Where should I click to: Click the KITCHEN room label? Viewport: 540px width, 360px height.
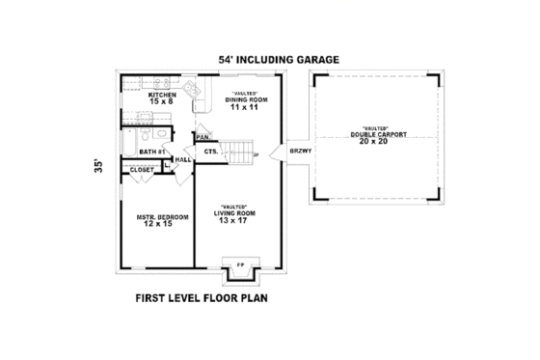162,96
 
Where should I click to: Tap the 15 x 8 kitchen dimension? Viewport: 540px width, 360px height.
162,104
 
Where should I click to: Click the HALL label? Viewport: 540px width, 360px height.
183,160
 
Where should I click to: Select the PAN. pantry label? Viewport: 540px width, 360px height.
203,138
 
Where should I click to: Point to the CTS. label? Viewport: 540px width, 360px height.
209,152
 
